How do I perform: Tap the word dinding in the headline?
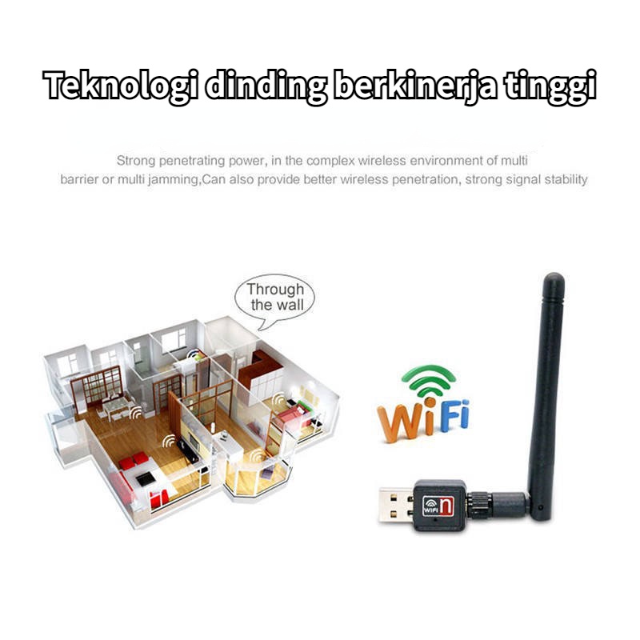tap(265, 86)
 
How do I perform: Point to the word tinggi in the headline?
tap(551, 86)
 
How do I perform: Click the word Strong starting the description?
tap(135, 161)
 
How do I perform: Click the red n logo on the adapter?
tap(448, 504)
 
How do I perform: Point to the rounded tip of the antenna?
tap(553, 282)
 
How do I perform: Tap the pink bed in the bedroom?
tap(292, 415)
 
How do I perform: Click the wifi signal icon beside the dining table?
tap(136, 414)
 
